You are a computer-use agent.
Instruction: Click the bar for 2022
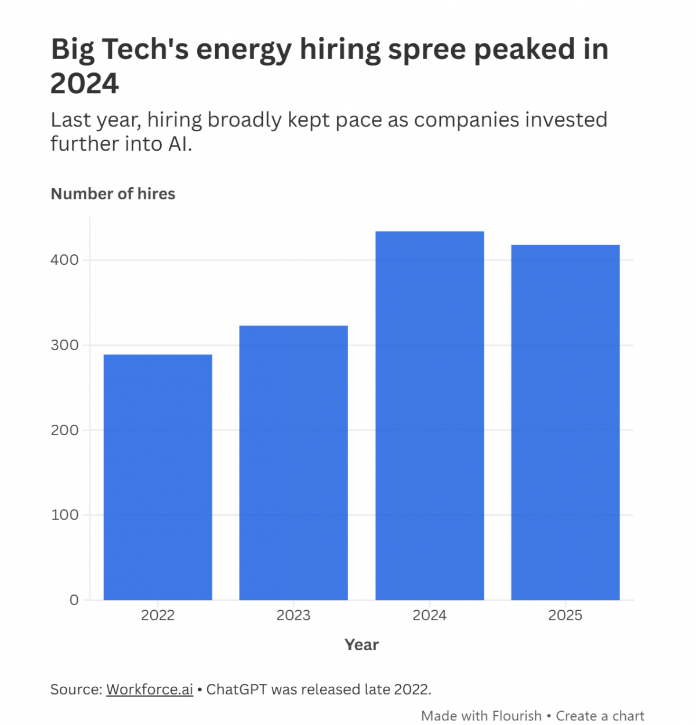tap(158, 476)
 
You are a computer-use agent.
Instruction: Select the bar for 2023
tap(293, 462)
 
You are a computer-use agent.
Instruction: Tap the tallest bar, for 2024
tap(430, 415)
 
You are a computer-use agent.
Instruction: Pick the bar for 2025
tap(565, 422)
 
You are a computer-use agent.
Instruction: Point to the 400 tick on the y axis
tap(64, 260)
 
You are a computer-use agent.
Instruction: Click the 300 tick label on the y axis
tap(64, 345)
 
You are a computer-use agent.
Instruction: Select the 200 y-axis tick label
tap(64, 430)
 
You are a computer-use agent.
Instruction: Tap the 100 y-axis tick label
tap(64, 515)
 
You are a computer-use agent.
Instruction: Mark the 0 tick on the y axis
tap(74, 600)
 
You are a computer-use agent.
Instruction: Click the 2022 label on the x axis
tap(158, 615)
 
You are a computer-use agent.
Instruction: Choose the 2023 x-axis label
tap(293, 615)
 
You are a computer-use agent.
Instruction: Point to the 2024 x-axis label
tap(430, 615)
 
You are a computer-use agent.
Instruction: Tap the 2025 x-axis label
tap(565, 615)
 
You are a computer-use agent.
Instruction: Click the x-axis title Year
tap(361, 645)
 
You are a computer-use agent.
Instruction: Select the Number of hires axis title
tap(113, 194)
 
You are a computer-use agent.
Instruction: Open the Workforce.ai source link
tap(150, 690)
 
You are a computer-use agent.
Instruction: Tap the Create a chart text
tap(600, 716)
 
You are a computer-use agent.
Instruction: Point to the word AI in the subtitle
tap(179, 144)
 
